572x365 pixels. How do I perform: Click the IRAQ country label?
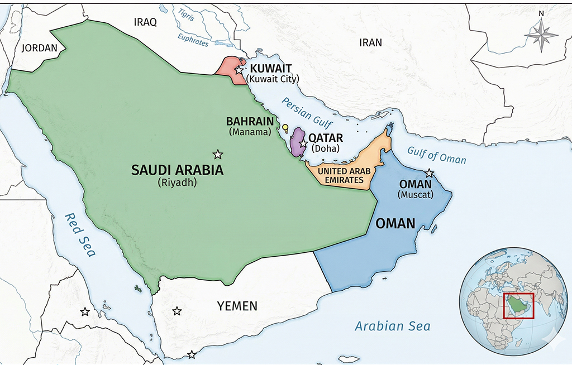145,22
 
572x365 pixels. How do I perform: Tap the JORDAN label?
39,48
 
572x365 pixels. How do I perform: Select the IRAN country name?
370,42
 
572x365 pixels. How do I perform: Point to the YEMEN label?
237,306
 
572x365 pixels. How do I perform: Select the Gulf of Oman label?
436,155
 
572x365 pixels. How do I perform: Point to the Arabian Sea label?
393,326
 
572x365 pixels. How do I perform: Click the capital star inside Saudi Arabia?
218,154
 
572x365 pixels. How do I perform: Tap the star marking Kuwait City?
239,70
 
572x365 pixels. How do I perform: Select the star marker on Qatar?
303,144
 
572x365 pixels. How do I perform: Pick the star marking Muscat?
429,173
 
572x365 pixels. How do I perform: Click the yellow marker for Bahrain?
285,128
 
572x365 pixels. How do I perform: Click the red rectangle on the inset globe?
518,305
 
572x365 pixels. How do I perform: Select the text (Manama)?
250,132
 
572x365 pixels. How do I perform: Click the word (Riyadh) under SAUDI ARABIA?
177,182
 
